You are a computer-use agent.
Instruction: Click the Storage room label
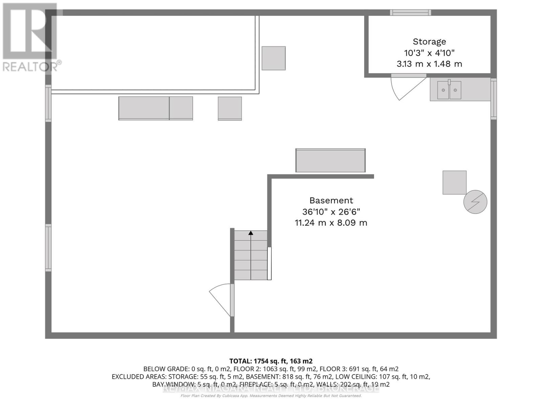(429, 42)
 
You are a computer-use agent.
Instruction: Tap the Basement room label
(331, 200)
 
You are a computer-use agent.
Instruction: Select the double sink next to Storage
(449, 90)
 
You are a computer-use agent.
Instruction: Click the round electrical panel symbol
(475, 202)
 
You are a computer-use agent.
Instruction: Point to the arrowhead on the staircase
(251, 233)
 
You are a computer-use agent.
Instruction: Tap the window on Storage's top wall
(410, 13)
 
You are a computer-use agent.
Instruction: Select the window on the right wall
(494, 99)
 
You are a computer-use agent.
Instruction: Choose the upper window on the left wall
(48, 103)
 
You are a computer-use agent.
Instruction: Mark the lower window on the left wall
(48, 248)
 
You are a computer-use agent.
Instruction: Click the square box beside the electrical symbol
(454, 182)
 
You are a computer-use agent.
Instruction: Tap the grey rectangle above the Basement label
(330, 160)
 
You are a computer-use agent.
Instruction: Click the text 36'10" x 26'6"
(331, 212)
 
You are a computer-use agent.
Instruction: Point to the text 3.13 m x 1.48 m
(429, 64)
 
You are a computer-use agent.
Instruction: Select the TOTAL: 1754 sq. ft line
(271, 361)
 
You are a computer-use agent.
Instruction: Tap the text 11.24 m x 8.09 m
(331, 223)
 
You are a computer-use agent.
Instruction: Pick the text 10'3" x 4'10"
(429, 53)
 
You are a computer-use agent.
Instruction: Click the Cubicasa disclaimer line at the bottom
(271, 396)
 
